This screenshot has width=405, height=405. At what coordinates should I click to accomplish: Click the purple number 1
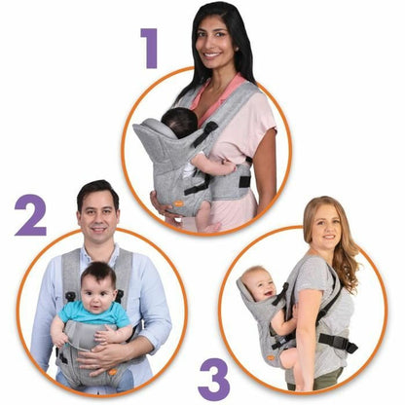tap(149, 48)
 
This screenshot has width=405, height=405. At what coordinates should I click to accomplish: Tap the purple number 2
tap(30, 215)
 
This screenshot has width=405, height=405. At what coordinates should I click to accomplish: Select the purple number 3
tap(213, 379)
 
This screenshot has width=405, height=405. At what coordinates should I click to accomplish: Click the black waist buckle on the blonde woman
tap(337, 343)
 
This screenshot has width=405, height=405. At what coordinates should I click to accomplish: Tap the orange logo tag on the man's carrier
tap(115, 373)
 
